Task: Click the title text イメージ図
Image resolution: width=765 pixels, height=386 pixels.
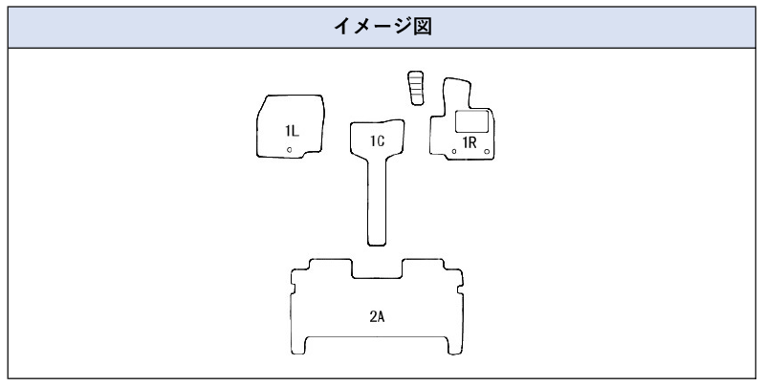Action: click(x=382, y=27)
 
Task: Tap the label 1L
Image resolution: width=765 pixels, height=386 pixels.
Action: click(x=292, y=131)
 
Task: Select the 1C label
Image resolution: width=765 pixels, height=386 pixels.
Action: click(x=377, y=140)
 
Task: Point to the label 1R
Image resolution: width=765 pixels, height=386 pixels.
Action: click(x=470, y=142)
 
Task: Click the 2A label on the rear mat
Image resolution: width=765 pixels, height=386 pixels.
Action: click(x=377, y=317)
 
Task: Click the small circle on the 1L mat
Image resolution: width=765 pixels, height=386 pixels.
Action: click(x=290, y=150)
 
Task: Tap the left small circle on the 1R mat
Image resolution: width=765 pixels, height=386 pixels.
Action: click(x=454, y=151)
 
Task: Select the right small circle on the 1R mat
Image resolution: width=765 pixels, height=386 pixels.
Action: click(x=487, y=152)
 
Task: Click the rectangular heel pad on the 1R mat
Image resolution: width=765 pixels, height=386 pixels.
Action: click(x=471, y=121)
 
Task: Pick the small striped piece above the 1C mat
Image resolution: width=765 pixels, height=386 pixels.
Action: click(x=416, y=88)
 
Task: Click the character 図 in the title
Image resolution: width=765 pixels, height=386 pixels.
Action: click(x=423, y=27)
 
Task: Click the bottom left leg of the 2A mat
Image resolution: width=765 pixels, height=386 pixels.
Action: click(x=298, y=346)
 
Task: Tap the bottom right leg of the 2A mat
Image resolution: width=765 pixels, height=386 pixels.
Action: click(x=455, y=346)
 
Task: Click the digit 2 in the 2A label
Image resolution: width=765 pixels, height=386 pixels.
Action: click(x=373, y=317)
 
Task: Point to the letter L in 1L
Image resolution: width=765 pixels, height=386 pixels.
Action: click(x=295, y=131)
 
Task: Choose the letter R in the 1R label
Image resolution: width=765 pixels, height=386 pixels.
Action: click(x=472, y=142)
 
